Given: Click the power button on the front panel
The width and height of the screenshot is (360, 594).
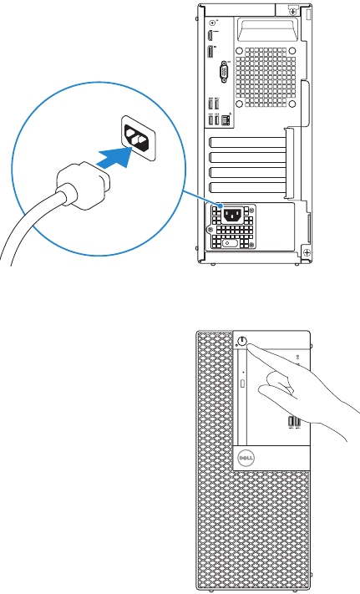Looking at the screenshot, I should [x=241, y=341].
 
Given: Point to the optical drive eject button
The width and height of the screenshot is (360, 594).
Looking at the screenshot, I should [x=241, y=383].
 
